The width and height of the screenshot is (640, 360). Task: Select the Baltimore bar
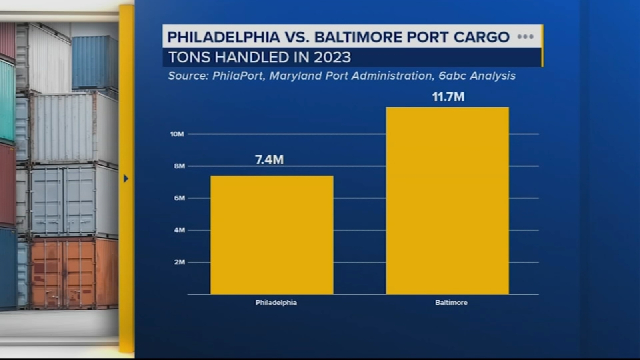coord(447,200)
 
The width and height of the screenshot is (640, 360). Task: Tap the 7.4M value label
coord(269,160)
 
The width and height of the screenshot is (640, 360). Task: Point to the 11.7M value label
coord(448,97)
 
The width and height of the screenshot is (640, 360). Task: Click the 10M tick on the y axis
coord(177,134)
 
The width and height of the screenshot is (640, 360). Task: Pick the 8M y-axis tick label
coord(179,166)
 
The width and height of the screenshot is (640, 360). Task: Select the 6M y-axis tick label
coord(179,198)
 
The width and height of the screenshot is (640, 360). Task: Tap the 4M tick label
coord(179,230)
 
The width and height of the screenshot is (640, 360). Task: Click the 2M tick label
coord(179,262)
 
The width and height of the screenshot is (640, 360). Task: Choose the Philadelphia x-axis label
coord(276,303)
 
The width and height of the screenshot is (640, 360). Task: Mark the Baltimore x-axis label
coord(451,303)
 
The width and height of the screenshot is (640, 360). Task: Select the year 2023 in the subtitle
coord(332,58)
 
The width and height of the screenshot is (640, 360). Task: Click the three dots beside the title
coord(525,37)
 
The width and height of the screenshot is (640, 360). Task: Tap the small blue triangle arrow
coord(126,178)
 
